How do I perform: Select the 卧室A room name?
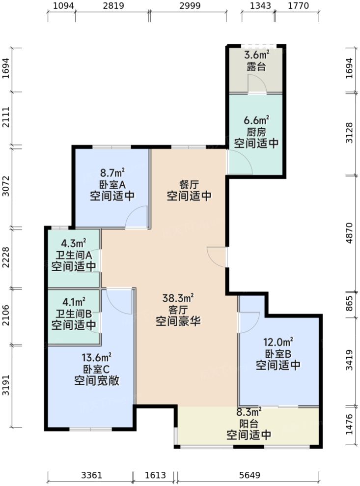(112, 184)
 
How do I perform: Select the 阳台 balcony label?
(249, 423)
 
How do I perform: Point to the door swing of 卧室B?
(249, 321)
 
